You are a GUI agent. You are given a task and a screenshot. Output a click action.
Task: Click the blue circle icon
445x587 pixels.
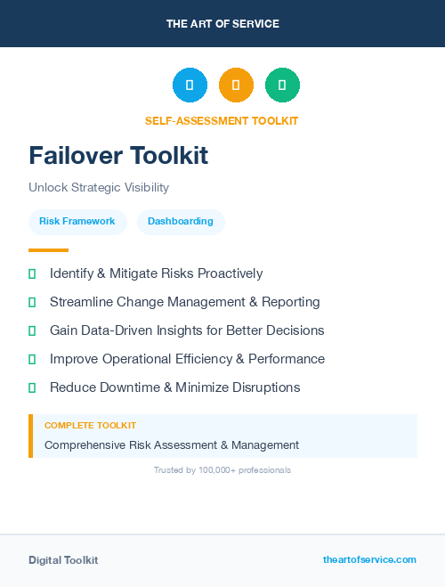coord(190,85)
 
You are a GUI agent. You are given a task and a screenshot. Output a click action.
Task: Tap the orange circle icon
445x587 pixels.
coord(236,85)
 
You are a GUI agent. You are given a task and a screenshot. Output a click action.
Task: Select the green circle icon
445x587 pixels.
coord(282,85)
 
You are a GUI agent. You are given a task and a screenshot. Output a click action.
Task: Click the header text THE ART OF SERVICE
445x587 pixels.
coord(222,24)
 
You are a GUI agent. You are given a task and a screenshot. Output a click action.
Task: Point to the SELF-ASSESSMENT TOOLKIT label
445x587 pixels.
coord(222,121)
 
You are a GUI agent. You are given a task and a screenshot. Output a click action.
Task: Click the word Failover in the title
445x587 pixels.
coord(77,156)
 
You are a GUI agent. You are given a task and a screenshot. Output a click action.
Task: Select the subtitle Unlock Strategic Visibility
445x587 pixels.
coord(99,188)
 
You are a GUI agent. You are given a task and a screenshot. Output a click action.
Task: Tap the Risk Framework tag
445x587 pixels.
coord(77,221)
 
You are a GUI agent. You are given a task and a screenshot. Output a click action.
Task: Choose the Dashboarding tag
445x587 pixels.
coord(181,221)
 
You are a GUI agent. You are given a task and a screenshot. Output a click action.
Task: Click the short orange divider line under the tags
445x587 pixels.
coord(48,250)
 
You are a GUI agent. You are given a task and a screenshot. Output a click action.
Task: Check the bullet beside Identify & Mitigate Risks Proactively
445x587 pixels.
coord(32,273)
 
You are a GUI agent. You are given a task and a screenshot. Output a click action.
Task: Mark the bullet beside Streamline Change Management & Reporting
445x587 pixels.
coord(32,302)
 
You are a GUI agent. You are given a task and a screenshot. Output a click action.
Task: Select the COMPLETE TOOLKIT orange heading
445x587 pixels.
coord(90,426)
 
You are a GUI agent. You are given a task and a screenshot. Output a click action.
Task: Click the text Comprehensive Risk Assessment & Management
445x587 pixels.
coord(172,444)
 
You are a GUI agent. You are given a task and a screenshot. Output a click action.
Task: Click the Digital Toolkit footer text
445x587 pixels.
coord(63,560)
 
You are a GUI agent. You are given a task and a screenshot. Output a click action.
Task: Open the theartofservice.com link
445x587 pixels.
coord(369,559)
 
